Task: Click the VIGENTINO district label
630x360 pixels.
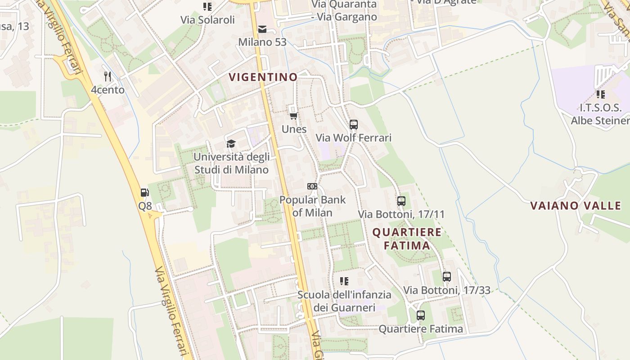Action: pyautogui.click(x=263, y=77)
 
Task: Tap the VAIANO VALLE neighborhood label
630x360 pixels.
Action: pyautogui.click(x=576, y=206)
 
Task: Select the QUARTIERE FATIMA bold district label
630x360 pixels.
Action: pyautogui.click(x=407, y=239)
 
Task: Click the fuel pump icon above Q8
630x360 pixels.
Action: pyautogui.click(x=145, y=193)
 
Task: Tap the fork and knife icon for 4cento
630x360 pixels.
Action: pyautogui.click(x=108, y=76)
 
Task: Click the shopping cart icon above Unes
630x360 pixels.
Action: pyautogui.click(x=294, y=116)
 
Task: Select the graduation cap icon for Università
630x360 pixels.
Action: pyautogui.click(x=231, y=144)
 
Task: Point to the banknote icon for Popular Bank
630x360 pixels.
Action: pyautogui.click(x=312, y=186)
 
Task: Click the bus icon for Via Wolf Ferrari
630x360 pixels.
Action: pyautogui.click(x=354, y=124)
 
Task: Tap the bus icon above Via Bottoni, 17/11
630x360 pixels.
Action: pyautogui.click(x=401, y=201)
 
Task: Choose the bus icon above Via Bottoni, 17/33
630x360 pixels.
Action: pyautogui.click(x=446, y=277)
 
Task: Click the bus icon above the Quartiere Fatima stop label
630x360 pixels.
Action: pyautogui.click(x=421, y=315)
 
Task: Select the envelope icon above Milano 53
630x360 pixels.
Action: pyautogui.click(x=262, y=29)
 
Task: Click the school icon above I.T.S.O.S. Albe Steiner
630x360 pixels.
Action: pyautogui.click(x=600, y=94)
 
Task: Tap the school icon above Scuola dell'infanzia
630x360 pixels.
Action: pyautogui.click(x=344, y=281)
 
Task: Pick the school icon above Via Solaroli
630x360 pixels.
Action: pyautogui.click(x=207, y=7)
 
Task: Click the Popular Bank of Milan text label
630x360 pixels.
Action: pyautogui.click(x=312, y=206)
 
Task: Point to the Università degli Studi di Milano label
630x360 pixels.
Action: pyautogui.click(x=231, y=163)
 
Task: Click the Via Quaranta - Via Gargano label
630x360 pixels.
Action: pyautogui.click(x=344, y=11)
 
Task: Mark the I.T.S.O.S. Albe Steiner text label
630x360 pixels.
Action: pyautogui.click(x=600, y=114)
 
